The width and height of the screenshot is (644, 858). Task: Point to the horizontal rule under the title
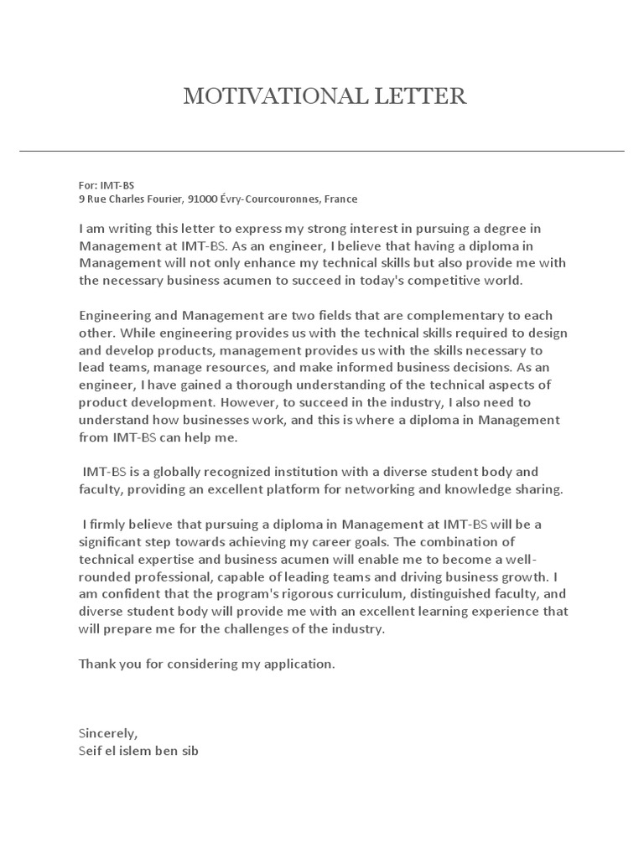coord(322,151)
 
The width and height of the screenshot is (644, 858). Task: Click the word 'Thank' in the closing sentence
coord(96,664)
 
